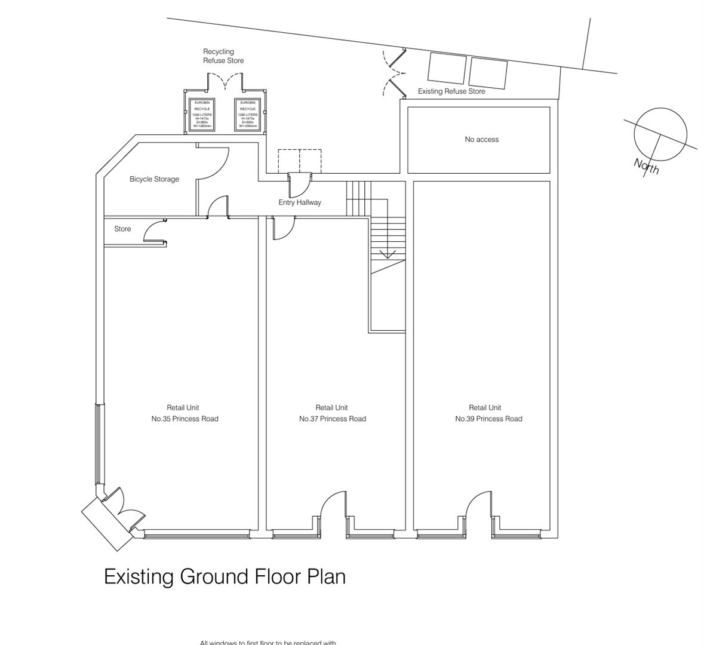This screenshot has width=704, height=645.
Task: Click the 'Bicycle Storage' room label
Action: (x=154, y=179)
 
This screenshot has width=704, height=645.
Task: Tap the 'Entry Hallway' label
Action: (x=300, y=202)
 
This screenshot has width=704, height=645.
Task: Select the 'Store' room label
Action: (x=122, y=229)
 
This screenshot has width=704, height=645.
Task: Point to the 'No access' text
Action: (x=481, y=140)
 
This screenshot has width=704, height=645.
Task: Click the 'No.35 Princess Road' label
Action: (x=185, y=419)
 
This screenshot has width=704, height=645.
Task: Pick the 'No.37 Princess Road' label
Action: (x=332, y=419)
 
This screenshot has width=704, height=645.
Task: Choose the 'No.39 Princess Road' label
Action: (x=488, y=419)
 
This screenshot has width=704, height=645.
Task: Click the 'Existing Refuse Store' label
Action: (x=451, y=91)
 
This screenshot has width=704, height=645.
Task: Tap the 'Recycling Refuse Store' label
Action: (x=223, y=56)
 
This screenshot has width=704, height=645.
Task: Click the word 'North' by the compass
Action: (x=647, y=166)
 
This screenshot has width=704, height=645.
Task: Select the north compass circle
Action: (x=660, y=134)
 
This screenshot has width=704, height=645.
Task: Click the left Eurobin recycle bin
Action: (x=202, y=114)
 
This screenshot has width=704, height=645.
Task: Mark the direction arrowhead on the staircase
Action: (x=388, y=255)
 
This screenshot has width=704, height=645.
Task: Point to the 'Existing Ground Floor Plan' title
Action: (x=225, y=577)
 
